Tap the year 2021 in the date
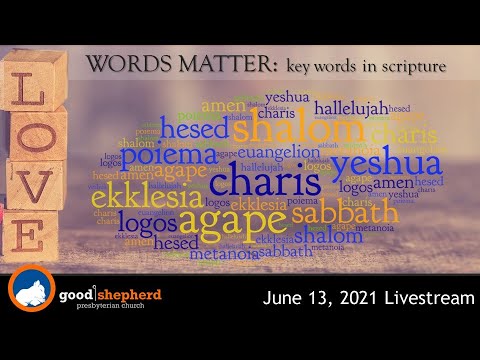pyautogui.click(x=347, y=297)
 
